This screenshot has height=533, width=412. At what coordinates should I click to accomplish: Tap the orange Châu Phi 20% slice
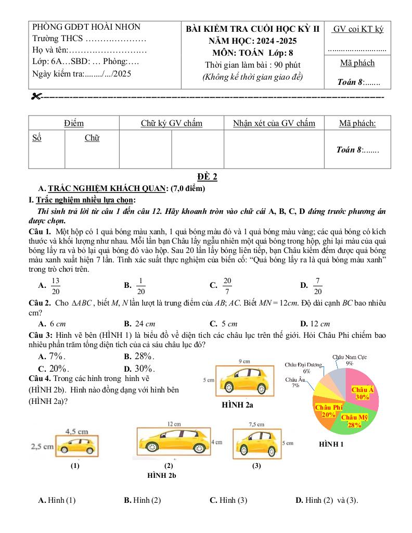pyautogui.click(x=327, y=411)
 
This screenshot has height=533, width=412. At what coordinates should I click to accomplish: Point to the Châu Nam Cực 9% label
pyautogui.click(x=349, y=360)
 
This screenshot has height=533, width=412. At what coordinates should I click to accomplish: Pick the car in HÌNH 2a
pyautogui.click(x=242, y=380)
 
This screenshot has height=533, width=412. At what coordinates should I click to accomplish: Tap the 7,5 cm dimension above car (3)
pyautogui.click(x=256, y=424)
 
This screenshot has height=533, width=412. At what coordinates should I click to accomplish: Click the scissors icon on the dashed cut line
pyautogui.click(x=35, y=96)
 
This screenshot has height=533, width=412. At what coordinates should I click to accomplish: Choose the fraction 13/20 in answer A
pyautogui.click(x=56, y=286)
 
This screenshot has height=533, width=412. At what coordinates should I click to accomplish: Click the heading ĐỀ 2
pyautogui.click(x=207, y=176)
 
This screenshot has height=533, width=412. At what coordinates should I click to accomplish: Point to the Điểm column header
pyautogui.click(x=74, y=123)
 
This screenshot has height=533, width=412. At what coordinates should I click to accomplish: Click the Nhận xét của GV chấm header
pyautogui.click(x=274, y=123)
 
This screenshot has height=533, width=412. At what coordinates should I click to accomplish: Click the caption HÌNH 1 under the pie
pyautogui.click(x=331, y=444)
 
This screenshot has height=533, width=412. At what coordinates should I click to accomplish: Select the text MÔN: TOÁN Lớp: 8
pyautogui.click(x=253, y=53)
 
